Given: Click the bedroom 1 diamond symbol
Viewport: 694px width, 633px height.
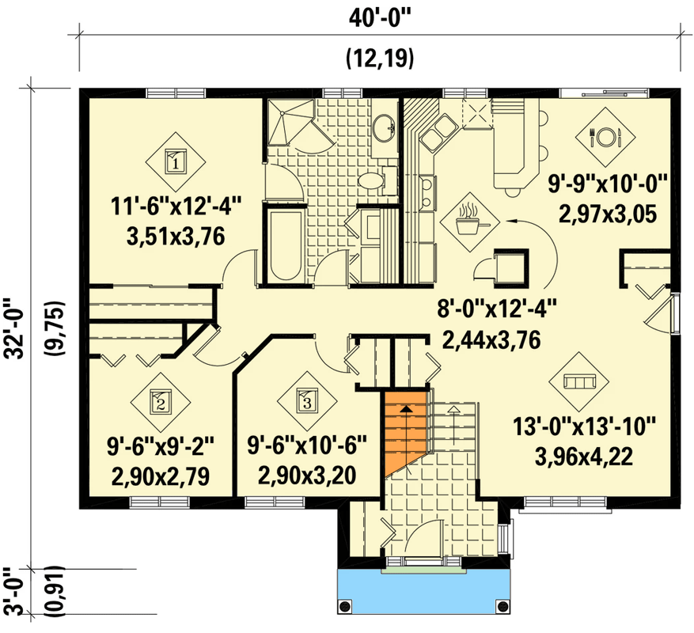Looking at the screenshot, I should (x=175, y=161).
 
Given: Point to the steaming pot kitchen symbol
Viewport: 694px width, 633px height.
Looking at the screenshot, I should (x=472, y=218).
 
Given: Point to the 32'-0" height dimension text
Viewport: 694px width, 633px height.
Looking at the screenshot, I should (x=14, y=328).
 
